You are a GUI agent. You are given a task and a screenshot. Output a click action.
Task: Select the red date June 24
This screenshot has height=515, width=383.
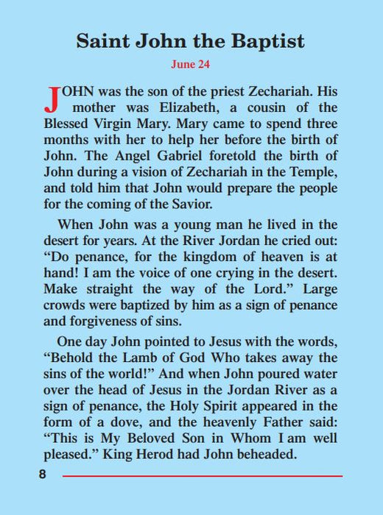click(x=191, y=65)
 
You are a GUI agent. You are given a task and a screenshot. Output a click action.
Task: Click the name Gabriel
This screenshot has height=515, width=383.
click(x=173, y=157)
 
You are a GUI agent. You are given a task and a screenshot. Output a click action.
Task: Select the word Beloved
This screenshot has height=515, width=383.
click(x=162, y=439)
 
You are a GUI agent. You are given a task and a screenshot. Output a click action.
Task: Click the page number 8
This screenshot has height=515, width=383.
click(x=43, y=475)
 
